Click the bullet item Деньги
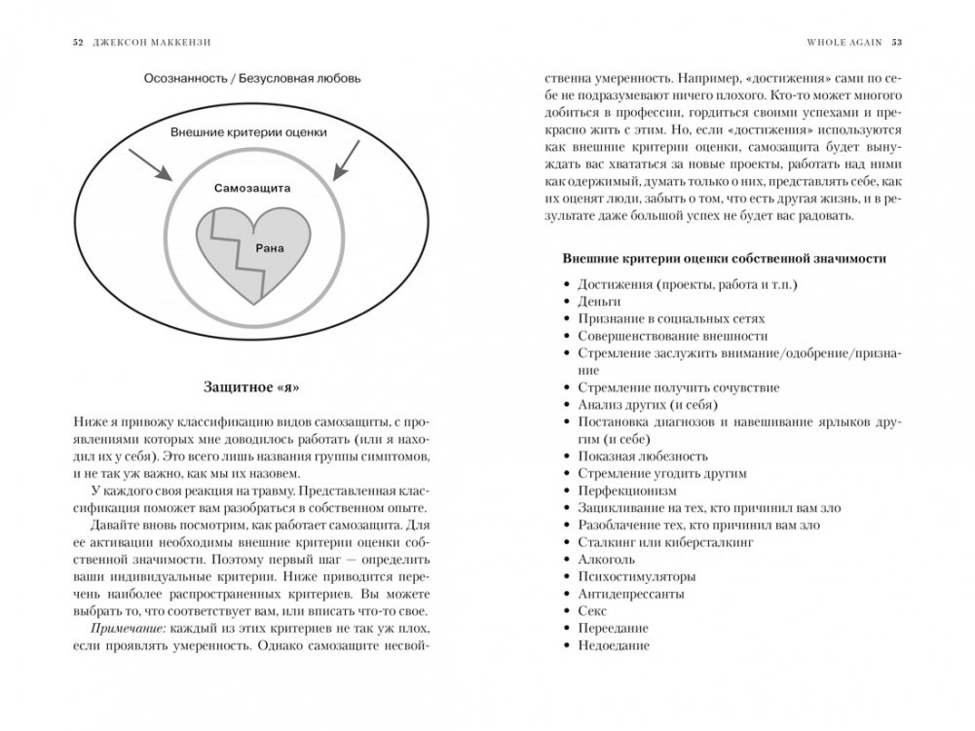pos(599,302)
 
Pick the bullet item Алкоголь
pos(607,560)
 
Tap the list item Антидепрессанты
pos(630,594)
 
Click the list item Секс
pos(592,611)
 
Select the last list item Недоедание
pos(613,645)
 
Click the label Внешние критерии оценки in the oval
pos(248,132)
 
